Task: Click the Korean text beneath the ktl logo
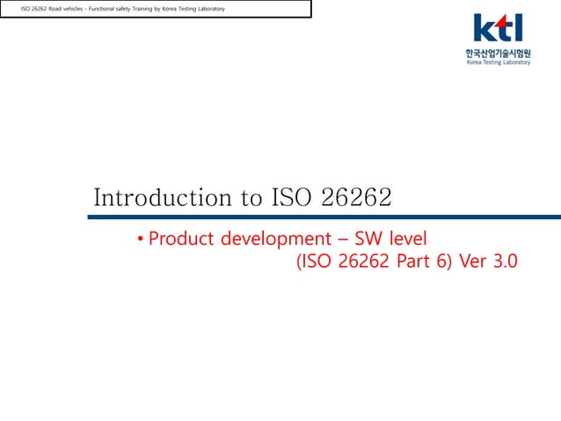click(499, 53)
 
